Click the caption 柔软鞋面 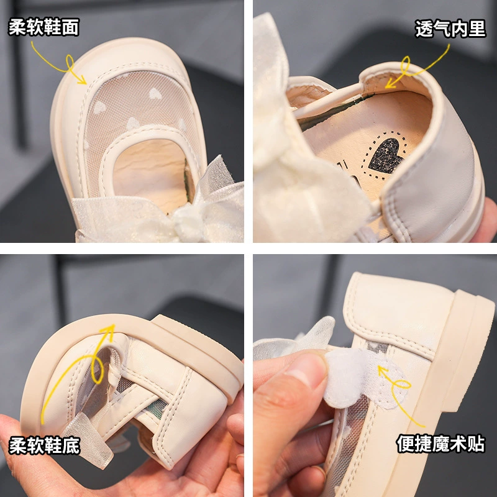[43, 27]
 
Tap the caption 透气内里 [450, 29]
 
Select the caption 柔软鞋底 [44, 445]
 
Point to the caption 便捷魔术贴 [441, 443]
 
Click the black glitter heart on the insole [385, 155]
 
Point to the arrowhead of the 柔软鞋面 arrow [83, 81]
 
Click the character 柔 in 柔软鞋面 [17, 27]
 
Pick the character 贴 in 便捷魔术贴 [476, 443]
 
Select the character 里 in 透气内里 [477, 29]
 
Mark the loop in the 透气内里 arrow [405, 66]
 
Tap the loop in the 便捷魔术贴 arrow [401, 385]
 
